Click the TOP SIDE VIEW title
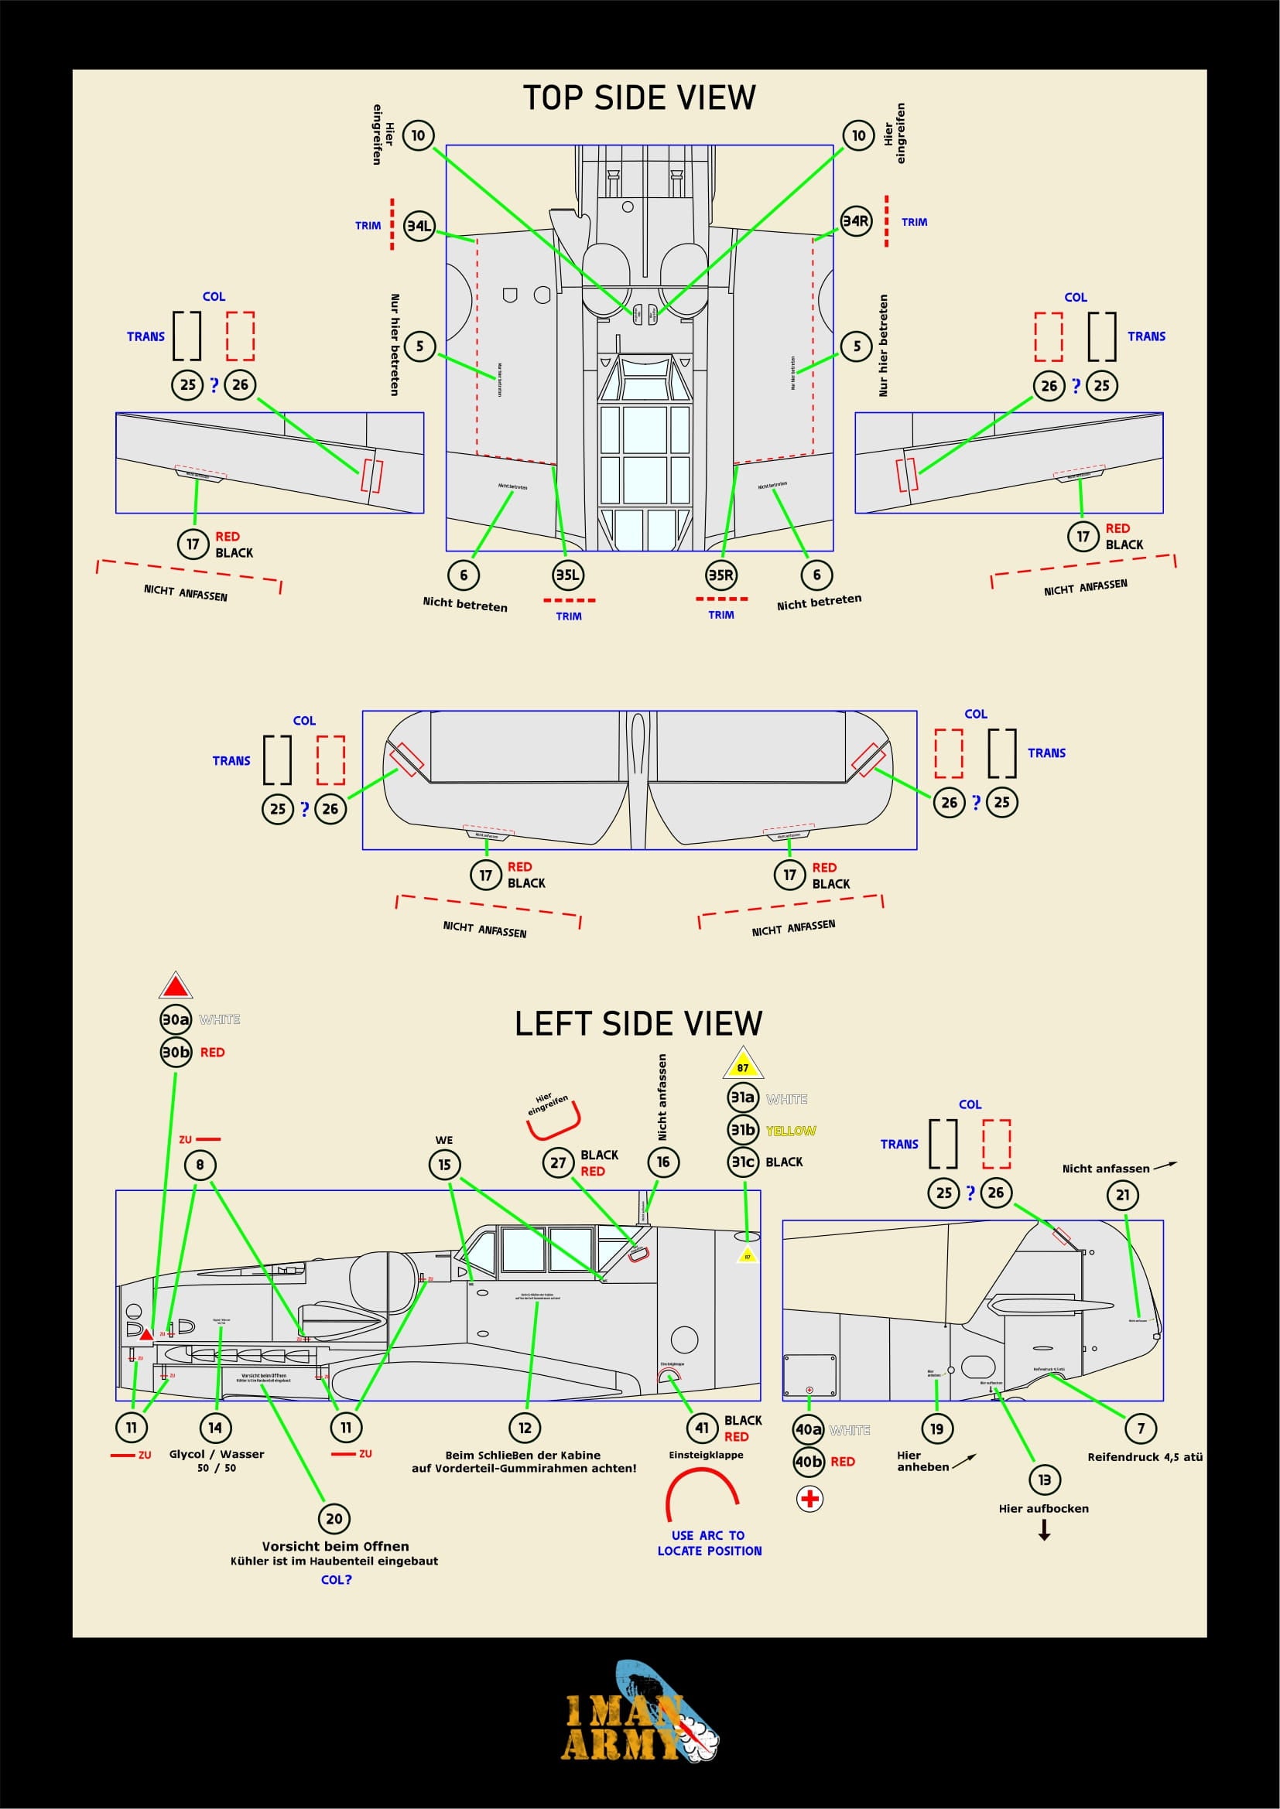639,97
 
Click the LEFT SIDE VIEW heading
638,1023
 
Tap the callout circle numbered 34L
419,226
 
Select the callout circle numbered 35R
720,575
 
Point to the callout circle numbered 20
334,1518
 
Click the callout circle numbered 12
525,1428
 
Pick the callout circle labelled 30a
176,1019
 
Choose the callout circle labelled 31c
742,1162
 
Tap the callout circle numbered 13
1044,1480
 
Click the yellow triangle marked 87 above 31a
742,1064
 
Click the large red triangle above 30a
176,986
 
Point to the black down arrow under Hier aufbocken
1044,1530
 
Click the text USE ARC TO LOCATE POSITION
710,1543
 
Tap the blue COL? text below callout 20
337,1580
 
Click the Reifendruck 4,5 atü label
1145,1457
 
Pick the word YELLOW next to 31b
791,1131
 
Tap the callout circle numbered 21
1122,1194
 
